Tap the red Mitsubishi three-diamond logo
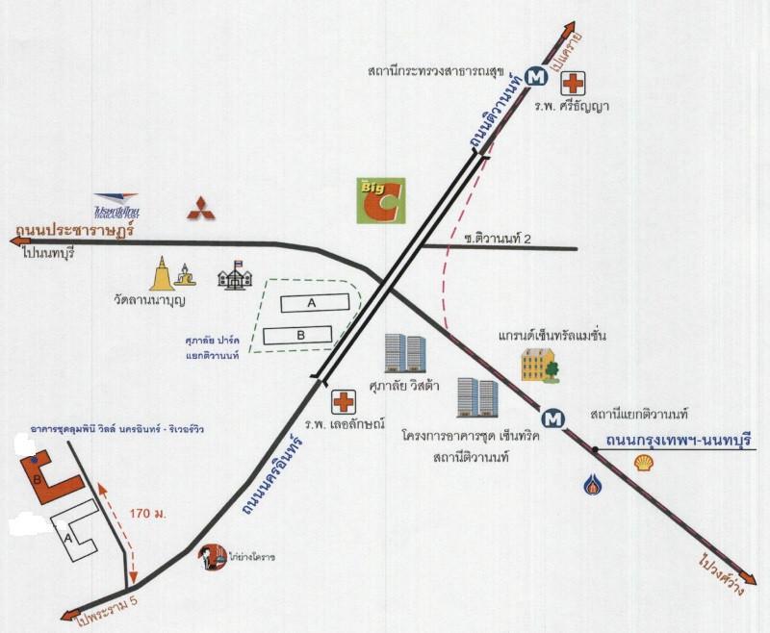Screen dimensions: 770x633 (x=200, y=208)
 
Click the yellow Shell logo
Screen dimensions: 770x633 (x=644, y=464)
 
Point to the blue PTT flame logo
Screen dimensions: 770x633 (x=591, y=482)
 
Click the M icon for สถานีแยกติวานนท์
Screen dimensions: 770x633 (x=552, y=418)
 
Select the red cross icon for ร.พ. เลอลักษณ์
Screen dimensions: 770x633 (x=344, y=401)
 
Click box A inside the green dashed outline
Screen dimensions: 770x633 (x=313, y=302)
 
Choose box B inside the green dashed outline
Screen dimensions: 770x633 (x=300, y=335)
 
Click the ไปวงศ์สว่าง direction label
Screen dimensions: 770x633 (x=722, y=576)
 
